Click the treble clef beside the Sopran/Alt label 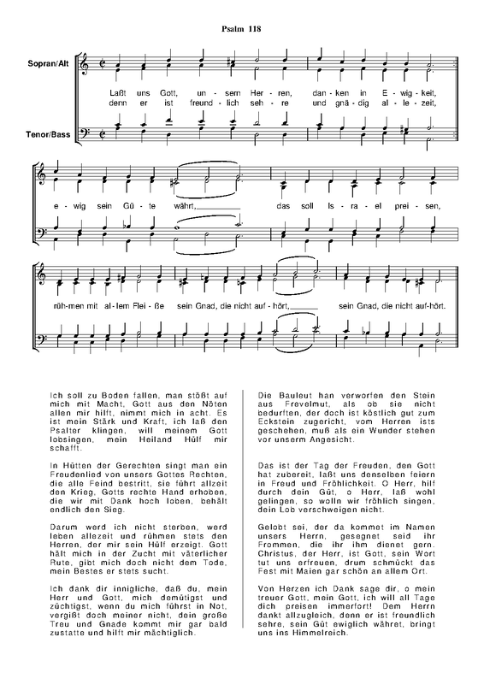[x=84, y=63]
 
